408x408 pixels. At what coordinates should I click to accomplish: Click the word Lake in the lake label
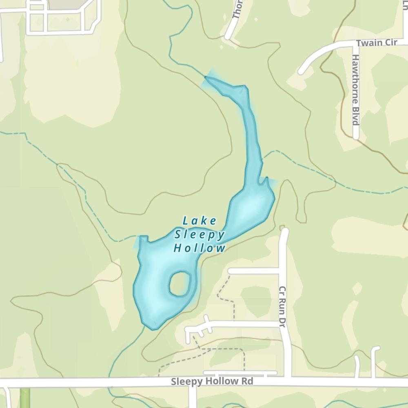point(200,221)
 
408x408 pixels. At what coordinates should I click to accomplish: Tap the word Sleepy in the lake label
point(200,235)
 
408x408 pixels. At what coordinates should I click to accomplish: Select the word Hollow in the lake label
point(200,248)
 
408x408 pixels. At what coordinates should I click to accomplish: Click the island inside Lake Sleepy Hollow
point(180,284)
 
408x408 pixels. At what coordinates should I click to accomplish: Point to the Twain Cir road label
point(374,43)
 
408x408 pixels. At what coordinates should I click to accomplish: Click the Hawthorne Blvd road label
point(355,90)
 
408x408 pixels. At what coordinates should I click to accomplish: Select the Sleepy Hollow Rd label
point(212,381)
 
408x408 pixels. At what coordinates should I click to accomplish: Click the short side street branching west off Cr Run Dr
point(253,271)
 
